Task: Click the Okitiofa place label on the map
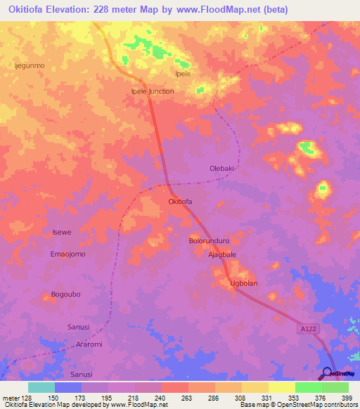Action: click(180, 202)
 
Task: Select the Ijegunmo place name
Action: click(30, 65)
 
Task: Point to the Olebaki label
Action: click(221, 169)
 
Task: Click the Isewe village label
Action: click(62, 232)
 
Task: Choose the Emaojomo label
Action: click(67, 254)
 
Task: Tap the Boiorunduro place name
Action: click(210, 241)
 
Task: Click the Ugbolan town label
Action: click(244, 283)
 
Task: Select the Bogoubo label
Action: click(67, 294)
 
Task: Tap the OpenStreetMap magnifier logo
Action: click(327, 372)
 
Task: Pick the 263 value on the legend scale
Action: click(185, 398)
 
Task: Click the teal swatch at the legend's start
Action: click(41, 387)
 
